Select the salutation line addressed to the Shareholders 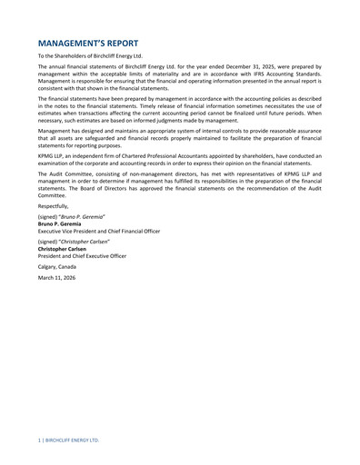[90, 56]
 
